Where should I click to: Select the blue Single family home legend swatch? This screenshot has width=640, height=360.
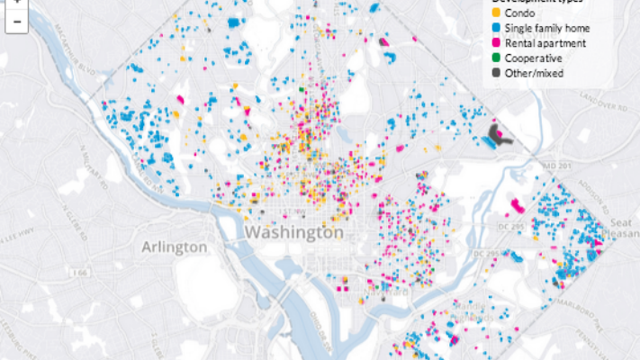493,28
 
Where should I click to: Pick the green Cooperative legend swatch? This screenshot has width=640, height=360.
493,58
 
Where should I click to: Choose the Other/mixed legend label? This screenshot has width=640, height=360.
535,73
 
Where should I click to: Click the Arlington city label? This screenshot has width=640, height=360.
175,247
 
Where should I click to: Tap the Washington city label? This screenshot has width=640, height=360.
293,232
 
